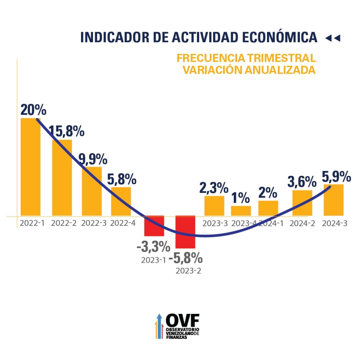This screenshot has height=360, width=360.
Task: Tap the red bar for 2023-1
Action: click(154, 226)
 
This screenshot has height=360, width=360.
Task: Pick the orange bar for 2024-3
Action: click(333, 200)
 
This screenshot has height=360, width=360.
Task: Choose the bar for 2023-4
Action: click(241, 211)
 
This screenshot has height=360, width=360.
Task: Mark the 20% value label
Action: click(33, 110)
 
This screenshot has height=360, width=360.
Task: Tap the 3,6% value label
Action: click(302, 182)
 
